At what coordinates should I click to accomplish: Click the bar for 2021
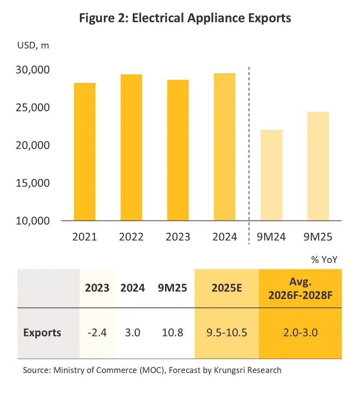pos(85,152)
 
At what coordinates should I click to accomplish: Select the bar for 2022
pos(131,148)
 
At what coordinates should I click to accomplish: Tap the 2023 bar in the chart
pos(178,150)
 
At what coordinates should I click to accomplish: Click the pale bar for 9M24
pos(271,175)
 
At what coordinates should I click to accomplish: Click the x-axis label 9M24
pos(271,237)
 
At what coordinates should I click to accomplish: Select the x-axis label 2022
pos(131,237)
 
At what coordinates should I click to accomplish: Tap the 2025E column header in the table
pos(227,288)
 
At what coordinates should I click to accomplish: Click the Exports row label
pos(42,333)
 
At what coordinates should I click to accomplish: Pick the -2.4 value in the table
pos(96,333)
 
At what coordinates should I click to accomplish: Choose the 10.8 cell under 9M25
pos(173,333)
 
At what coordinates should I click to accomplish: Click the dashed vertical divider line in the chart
pos(249,154)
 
